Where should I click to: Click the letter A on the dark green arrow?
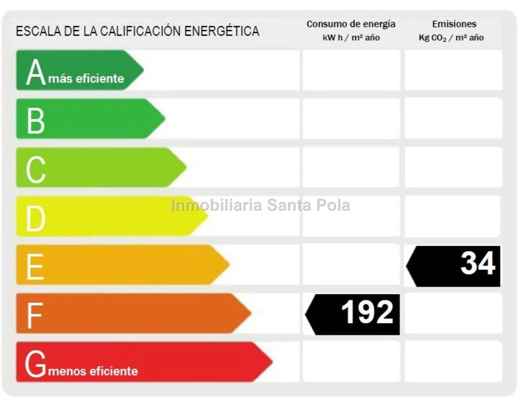[x=36, y=72]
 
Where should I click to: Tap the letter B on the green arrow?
[x=36, y=121]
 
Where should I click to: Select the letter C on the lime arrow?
[x=36, y=169]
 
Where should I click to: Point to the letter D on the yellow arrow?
[x=36, y=218]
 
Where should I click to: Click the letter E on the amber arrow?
[x=35, y=267]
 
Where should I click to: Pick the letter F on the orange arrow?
[x=34, y=315]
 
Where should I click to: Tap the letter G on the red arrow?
[x=35, y=364]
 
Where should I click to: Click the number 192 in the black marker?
[x=367, y=313]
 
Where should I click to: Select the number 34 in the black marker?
[x=478, y=263]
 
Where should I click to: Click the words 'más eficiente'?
[x=86, y=79]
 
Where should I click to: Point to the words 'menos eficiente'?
[x=93, y=371]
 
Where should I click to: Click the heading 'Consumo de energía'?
[x=351, y=24]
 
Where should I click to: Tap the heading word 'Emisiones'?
[x=454, y=24]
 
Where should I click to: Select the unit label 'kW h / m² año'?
[x=351, y=38]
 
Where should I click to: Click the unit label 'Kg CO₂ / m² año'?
[x=451, y=38]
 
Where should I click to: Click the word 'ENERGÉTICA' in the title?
[x=222, y=31]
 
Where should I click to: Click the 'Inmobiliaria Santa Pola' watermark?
[x=260, y=205]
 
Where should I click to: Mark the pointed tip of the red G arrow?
[x=272, y=362]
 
